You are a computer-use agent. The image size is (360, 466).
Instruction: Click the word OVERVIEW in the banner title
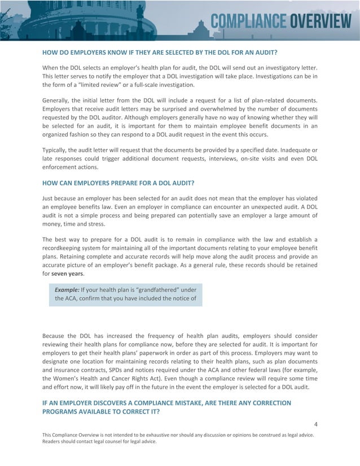point(321,21)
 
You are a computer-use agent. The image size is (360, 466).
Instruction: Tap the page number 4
point(315,424)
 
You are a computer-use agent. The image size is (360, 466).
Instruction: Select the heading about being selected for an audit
point(160,52)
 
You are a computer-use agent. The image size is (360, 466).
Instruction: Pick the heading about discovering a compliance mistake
point(166,407)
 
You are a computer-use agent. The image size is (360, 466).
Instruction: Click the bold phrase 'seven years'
point(68,274)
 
